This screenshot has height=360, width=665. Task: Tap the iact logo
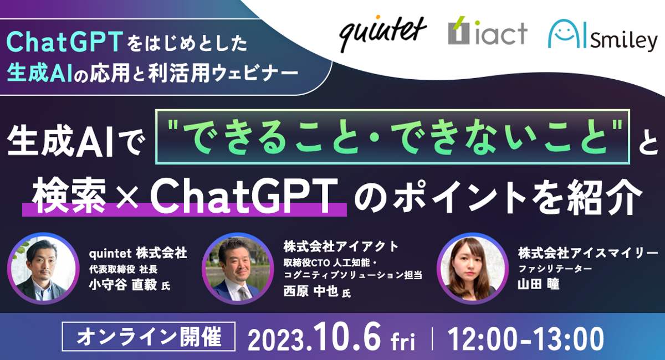[x=488, y=30]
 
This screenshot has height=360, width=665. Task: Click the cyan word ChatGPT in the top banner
[x=64, y=42]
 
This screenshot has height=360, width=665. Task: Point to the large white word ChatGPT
[x=244, y=196]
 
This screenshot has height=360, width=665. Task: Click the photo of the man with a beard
[x=43, y=268]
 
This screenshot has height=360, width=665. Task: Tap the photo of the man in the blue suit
[x=238, y=268]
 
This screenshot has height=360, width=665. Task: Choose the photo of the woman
[x=472, y=268]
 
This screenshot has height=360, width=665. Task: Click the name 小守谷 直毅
[x=123, y=285]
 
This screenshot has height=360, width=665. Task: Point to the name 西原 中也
[x=311, y=291]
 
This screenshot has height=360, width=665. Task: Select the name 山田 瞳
[x=539, y=284]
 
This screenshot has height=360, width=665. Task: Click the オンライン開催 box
[x=149, y=337]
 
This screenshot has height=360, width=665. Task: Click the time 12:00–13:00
[x=525, y=338]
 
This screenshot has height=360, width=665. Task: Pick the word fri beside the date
[x=403, y=341]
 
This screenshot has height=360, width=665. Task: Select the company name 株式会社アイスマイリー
[x=588, y=253]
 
